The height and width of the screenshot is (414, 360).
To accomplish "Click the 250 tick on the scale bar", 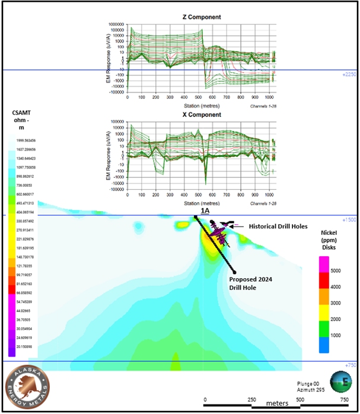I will [251, 400].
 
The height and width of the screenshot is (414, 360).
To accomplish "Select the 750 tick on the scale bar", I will [345, 400].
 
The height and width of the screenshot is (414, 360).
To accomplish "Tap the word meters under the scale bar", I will [277, 403].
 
